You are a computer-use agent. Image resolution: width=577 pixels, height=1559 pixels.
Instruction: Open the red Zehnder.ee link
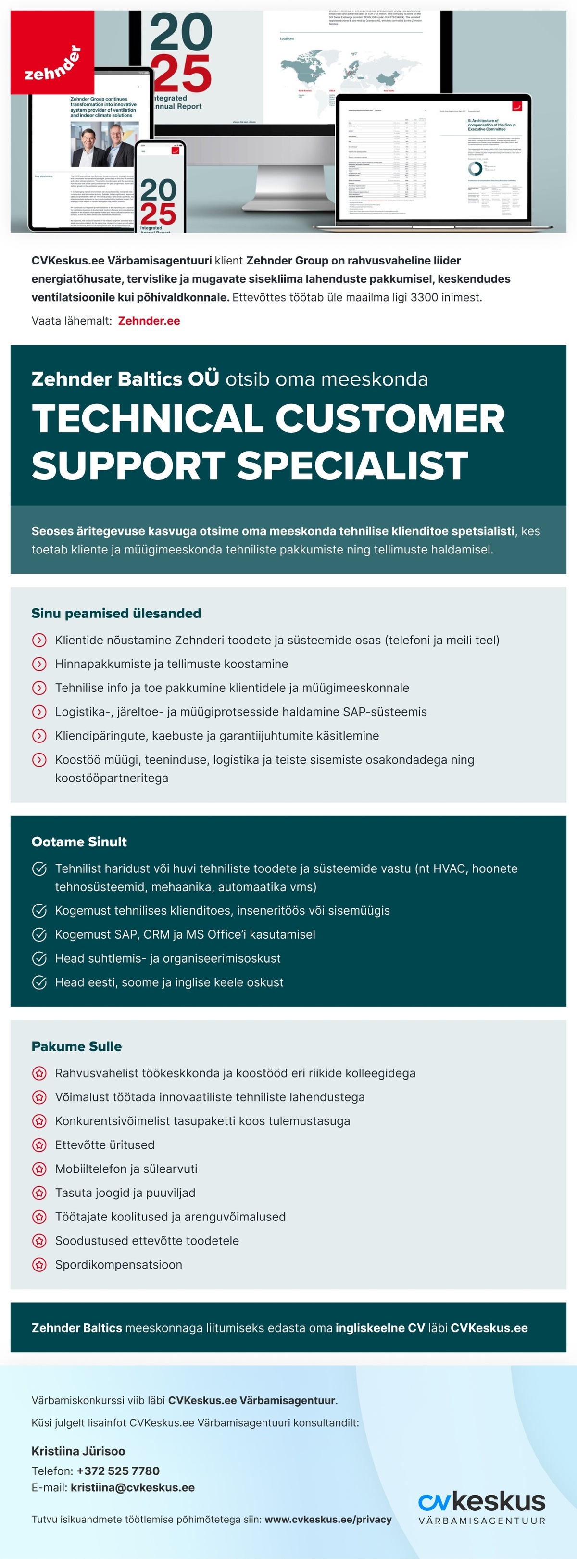pyautogui.click(x=149, y=321)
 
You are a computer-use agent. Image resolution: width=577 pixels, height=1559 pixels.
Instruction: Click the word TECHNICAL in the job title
pyautogui.click(x=148, y=419)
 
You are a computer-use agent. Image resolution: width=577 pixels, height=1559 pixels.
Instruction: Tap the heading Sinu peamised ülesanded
pyautogui.click(x=116, y=613)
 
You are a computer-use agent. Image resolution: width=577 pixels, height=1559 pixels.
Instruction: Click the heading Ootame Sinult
pyautogui.click(x=79, y=841)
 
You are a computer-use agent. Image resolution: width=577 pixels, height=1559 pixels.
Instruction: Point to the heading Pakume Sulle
pyautogui.click(x=76, y=1046)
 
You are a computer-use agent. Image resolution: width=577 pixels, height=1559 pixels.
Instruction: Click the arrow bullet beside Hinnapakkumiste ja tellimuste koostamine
pyautogui.click(x=39, y=664)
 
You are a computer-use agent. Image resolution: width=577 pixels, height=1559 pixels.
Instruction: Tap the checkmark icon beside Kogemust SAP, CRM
pyautogui.click(x=39, y=934)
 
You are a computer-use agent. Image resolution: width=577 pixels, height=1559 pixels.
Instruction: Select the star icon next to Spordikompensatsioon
pyautogui.click(x=39, y=1264)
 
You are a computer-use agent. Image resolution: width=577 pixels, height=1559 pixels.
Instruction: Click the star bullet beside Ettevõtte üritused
pyautogui.click(x=39, y=1145)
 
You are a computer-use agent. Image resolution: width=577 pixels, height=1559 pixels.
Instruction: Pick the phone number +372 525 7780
pyautogui.click(x=118, y=1471)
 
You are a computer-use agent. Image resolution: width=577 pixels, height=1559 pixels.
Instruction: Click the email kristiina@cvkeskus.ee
pyautogui.click(x=133, y=1487)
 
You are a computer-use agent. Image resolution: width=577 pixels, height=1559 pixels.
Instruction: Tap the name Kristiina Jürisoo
pyautogui.click(x=78, y=1451)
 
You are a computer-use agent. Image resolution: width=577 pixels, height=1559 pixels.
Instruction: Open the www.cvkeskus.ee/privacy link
pyautogui.click(x=328, y=1519)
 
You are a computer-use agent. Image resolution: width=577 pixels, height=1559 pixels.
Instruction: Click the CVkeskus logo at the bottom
pyautogui.click(x=481, y=1507)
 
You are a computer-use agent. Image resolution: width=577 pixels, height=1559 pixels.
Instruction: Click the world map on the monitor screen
pyautogui.click(x=351, y=70)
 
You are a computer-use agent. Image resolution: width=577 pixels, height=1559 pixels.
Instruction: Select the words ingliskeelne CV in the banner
pyautogui.click(x=380, y=1328)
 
